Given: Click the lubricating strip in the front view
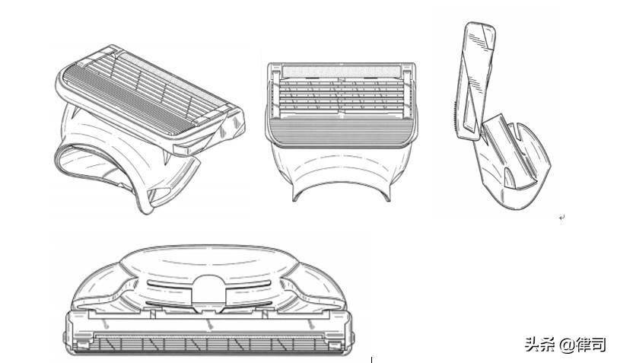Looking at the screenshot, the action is (342, 72).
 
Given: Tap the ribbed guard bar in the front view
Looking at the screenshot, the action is (341, 132).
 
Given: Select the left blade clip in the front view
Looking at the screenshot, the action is (275, 94).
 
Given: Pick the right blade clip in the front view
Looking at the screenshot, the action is (407, 94).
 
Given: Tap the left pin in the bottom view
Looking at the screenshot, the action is (106, 324).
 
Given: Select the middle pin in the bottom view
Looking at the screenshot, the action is (209, 324).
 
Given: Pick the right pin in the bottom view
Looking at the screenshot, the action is (311, 324).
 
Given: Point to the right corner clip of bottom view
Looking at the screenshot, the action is (336, 345).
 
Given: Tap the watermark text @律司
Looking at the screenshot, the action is (582, 345).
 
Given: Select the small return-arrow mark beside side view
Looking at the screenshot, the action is (562, 218).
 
